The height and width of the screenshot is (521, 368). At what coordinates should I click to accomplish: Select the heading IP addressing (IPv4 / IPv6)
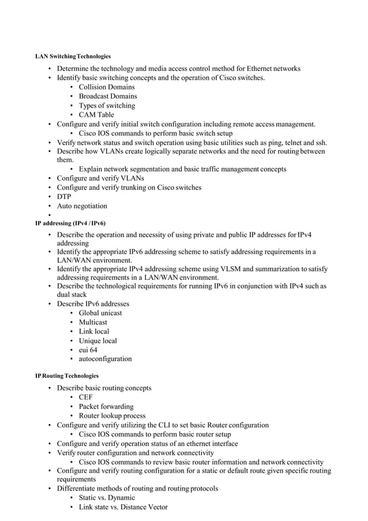click(70, 223)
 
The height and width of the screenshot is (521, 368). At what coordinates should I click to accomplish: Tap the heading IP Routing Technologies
click(67, 376)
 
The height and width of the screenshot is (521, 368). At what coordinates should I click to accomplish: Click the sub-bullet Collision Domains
click(107, 87)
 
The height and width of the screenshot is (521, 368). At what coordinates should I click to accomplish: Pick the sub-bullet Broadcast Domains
click(108, 96)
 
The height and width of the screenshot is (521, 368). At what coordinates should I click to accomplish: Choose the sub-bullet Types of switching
click(107, 106)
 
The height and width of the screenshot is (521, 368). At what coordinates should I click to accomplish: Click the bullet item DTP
click(64, 197)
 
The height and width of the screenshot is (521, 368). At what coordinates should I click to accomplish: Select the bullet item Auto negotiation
click(81, 206)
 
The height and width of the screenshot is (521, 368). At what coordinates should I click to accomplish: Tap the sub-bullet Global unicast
click(100, 313)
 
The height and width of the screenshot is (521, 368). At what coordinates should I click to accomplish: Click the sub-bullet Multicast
click(93, 322)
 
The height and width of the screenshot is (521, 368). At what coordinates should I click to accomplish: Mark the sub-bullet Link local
click(94, 331)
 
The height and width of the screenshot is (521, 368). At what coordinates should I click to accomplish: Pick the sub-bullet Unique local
click(98, 340)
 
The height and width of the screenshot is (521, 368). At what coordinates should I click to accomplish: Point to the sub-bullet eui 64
click(88, 350)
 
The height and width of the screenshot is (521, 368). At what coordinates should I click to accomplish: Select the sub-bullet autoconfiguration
click(105, 359)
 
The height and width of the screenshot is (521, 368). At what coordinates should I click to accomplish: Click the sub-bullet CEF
click(85, 398)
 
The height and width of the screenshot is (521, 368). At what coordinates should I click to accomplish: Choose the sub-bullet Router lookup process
click(112, 416)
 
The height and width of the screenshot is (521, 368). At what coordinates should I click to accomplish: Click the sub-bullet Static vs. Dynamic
click(107, 497)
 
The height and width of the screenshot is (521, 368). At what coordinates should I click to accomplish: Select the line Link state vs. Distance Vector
click(123, 507)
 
